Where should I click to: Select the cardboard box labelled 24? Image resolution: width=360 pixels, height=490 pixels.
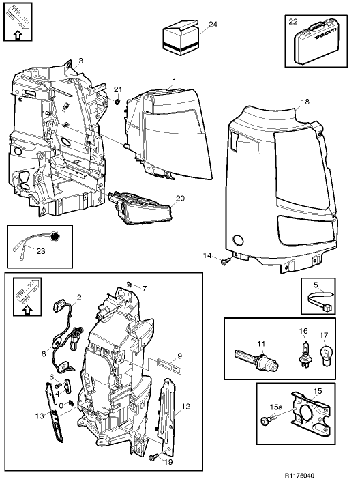pyautogui.click(x=180, y=38)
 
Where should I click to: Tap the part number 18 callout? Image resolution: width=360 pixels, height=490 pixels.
pyautogui.click(x=305, y=101)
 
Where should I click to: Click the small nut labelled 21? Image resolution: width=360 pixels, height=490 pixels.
pyautogui.click(x=118, y=102)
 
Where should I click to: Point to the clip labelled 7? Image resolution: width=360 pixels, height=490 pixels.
pyautogui.click(x=130, y=283)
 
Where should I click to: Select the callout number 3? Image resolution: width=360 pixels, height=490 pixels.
pyautogui.click(x=81, y=61)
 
